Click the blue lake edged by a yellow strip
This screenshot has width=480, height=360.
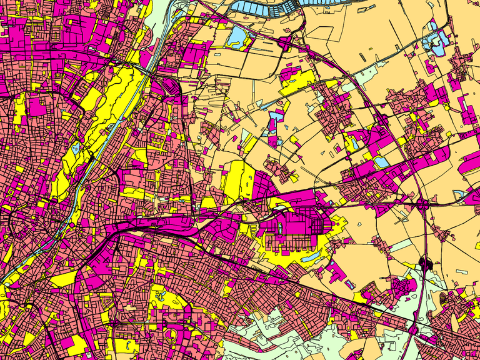click(x=237, y=37)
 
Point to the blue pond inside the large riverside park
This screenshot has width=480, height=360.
click(x=76, y=148)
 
